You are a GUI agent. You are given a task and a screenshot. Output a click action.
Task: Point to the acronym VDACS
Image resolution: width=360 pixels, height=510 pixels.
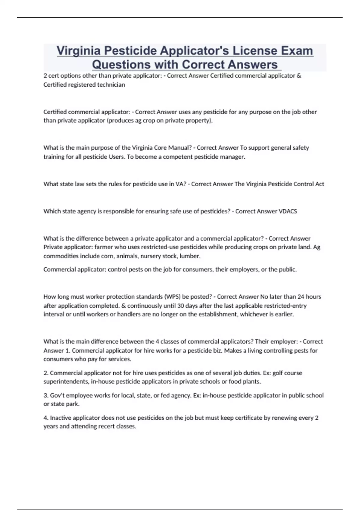[288, 211]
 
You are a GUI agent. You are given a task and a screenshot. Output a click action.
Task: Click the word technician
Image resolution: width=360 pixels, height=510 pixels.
[110, 85]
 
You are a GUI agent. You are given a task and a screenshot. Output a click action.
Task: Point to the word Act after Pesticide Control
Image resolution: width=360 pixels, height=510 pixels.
[319, 184]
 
